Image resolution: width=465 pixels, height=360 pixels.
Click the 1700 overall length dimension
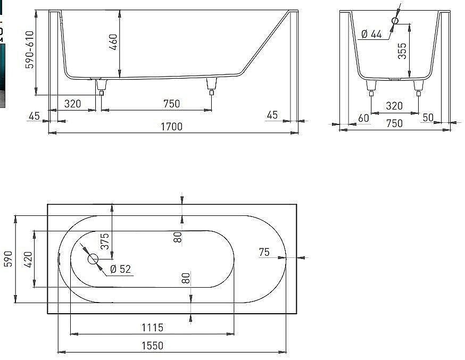[x=172, y=127]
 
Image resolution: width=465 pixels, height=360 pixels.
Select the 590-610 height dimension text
[x=30, y=49]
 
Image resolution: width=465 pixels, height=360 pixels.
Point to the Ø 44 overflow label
[x=371, y=34]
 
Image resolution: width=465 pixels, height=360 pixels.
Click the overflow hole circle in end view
[x=395, y=21]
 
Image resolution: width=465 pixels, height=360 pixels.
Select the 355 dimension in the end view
[x=402, y=52]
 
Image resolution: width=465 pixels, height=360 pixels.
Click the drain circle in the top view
[x=93, y=259]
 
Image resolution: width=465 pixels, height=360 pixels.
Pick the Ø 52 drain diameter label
[x=120, y=270]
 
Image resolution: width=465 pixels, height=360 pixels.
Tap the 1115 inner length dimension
[x=153, y=328]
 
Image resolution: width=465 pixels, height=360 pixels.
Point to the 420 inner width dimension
[x=29, y=259]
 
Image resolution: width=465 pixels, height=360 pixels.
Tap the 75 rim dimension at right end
[x=264, y=253]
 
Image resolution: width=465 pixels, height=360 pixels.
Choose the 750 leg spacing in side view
[x=171, y=104]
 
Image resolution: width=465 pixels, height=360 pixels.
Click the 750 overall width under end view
[x=394, y=123]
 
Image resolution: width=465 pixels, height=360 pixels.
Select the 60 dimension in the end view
[x=363, y=118]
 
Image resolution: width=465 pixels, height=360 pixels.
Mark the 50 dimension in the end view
[x=428, y=118]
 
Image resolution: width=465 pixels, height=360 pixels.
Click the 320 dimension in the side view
[x=72, y=104]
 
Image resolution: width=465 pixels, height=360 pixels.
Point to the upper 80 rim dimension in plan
[x=178, y=237]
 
